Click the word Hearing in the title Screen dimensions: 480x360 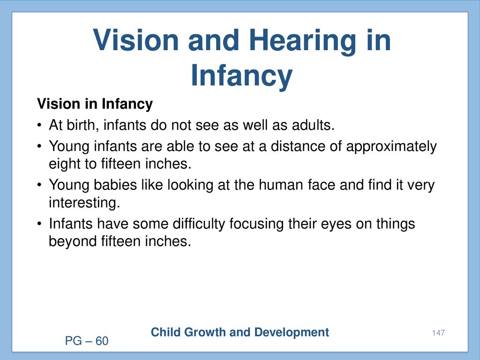(x=302, y=41)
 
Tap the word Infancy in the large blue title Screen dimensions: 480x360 (x=241, y=76)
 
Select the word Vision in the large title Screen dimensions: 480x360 (x=135, y=40)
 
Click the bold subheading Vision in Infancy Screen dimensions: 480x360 (x=95, y=104)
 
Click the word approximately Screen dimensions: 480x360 (x=391, y=147)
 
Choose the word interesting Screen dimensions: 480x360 (x=84, y=202)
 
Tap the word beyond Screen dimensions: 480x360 (x=73, y=241)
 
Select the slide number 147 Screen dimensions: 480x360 (x=438, y=333)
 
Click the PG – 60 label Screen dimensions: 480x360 (x=87, y=341)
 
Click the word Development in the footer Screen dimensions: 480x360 (x=292, y=333)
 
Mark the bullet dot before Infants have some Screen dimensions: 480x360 (x=39, y=224)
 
